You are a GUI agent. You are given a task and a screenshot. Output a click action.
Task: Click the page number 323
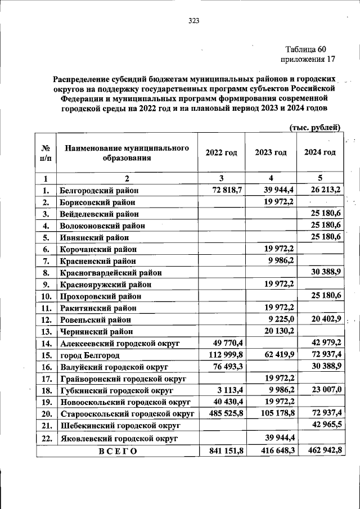tap(193, 21)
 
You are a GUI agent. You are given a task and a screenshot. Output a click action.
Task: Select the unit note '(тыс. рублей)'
tap(316, 128)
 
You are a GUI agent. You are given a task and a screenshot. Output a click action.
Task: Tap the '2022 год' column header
tap(221, 152)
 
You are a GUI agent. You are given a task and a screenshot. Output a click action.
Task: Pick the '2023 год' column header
tap(271, 152)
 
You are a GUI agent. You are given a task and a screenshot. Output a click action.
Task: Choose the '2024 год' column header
tap(319, 152)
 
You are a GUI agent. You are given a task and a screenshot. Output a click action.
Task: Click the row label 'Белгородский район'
tap(99, 191)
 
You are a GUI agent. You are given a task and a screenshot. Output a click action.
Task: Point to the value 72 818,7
tap(227, 190)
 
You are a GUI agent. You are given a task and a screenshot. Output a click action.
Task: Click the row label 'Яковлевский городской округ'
tap(119, 438)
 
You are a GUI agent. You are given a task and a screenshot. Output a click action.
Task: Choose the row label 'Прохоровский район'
tap(100, 296)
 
